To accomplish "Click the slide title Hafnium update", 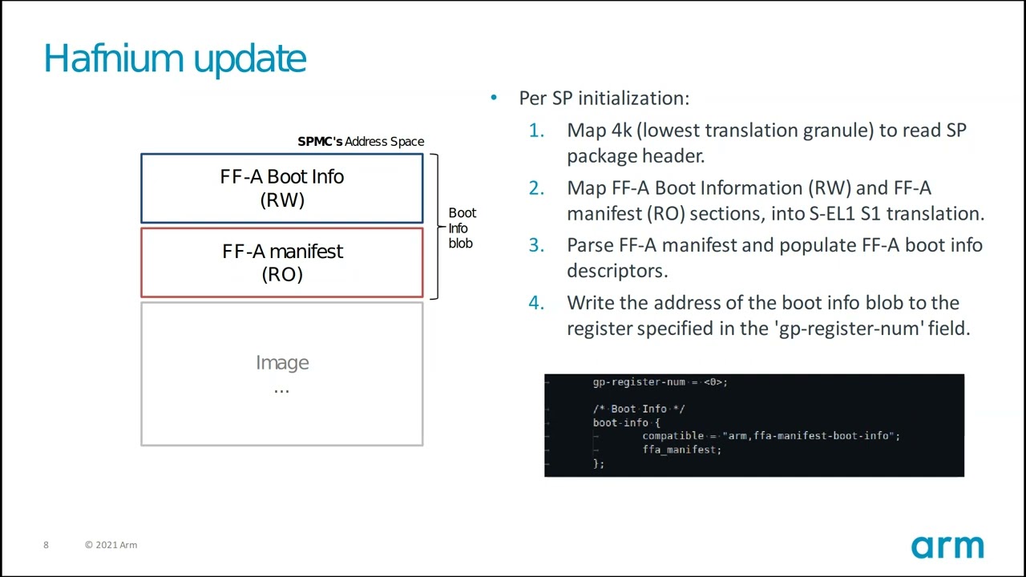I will tap(175, 59).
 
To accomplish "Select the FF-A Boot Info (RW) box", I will tap(281, 188).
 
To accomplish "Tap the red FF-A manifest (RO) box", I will tap(281, 263).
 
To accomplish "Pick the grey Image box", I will tap(281, 373).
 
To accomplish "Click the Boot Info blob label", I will tap(462, 228).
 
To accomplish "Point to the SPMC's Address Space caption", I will tap(361, 142).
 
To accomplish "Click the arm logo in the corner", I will tap(947, 547).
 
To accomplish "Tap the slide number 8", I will tap(46, 545).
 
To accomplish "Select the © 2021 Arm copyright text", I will tap(111, 545).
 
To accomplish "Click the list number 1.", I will tap(535, 130).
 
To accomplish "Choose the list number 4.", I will tap(535, 303).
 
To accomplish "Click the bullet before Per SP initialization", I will tap(494, 98).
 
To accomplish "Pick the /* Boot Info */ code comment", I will tap(639, 409).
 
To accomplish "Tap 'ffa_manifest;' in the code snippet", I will tap(681, 450).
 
